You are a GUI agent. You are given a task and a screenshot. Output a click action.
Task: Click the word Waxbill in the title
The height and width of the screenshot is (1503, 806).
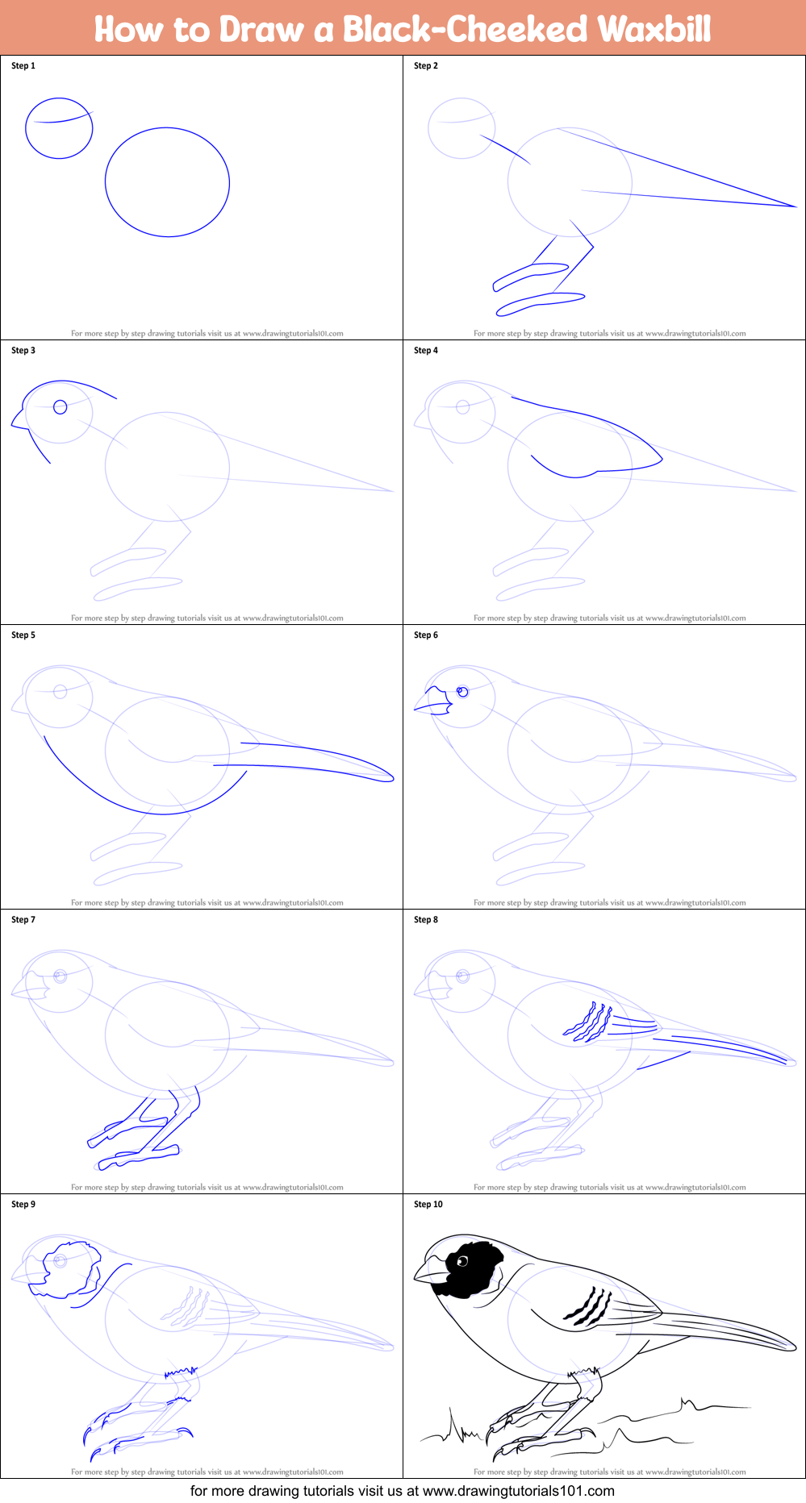(654, 29)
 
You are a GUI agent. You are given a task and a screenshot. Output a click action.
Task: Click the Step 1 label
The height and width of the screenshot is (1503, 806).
(23, 66)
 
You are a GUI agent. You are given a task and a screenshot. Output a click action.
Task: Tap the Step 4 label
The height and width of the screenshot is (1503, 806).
(426, 351)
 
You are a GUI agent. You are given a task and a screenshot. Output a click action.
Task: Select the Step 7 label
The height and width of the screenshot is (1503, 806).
(23, 920)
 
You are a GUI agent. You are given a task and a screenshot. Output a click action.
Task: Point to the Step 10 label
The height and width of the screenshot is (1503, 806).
(428, 1205)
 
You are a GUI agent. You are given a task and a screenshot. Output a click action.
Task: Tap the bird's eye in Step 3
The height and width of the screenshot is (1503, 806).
(60, 407)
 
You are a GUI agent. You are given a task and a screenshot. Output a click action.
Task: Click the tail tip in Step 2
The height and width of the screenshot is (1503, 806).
(794, 206)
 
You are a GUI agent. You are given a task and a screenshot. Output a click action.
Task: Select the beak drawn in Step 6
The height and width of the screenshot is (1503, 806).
(434, 701)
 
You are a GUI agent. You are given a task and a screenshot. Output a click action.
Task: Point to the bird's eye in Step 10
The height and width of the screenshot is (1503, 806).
(462, 1261)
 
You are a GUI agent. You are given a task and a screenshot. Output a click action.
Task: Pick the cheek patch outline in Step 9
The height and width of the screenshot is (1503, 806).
(71, 1271)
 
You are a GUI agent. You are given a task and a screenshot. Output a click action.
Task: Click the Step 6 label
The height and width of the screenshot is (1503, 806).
(426, 635)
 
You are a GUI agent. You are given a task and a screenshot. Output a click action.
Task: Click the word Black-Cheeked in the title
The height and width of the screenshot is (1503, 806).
(466, 29)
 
